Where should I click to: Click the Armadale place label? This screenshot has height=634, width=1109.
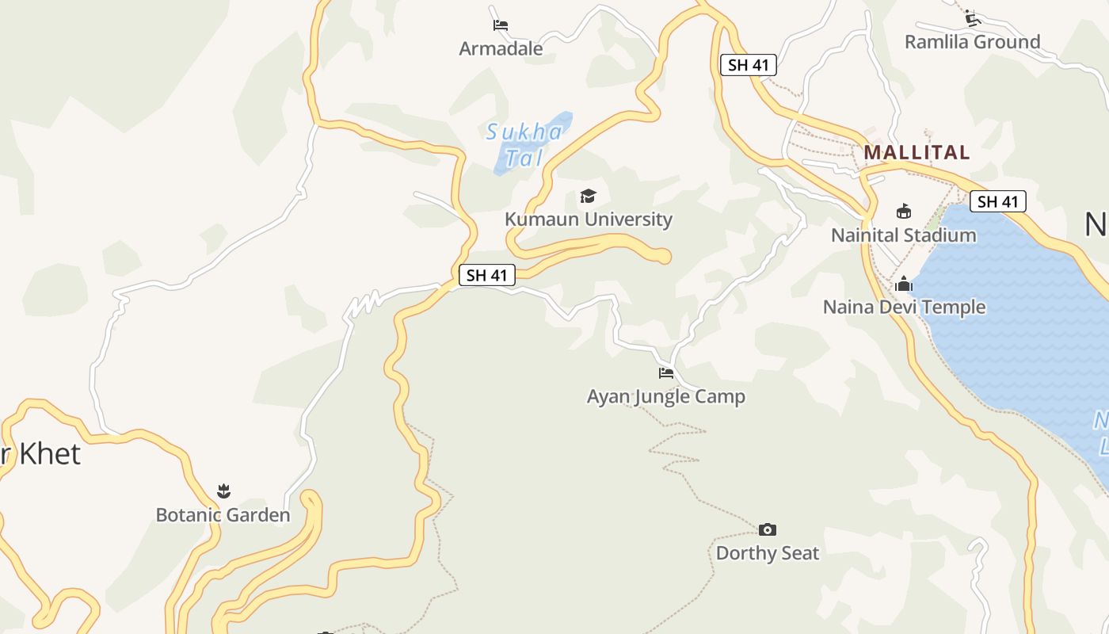501,49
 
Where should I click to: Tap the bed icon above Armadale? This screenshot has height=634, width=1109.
500,25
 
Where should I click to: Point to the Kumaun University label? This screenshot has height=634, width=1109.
589,220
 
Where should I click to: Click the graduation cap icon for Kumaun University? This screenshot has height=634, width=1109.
588,196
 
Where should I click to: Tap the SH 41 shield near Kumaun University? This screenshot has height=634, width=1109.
486,275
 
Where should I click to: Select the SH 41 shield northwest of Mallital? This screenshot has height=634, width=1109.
748,65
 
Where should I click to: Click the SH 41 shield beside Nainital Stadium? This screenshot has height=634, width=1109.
997,201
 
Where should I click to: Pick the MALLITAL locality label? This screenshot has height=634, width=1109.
917,152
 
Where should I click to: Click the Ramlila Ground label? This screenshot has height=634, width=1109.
972,42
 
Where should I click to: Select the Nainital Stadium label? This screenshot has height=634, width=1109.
903,235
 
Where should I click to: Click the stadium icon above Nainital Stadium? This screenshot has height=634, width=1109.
903,211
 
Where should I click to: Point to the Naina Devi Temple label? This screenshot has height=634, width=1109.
904,307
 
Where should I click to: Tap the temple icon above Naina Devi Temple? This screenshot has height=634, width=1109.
904,284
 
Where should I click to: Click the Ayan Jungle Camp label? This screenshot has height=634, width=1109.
665,396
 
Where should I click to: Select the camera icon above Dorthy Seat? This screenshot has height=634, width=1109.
767,529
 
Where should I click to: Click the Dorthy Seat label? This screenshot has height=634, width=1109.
767,553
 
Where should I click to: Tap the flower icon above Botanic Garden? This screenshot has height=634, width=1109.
223,491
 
